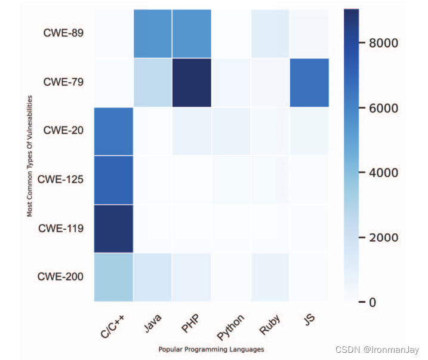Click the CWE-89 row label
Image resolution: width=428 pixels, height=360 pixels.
coord(63,33)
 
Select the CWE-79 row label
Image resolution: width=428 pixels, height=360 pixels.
coord(63,82)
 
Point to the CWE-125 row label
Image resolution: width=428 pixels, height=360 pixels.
coord(61,179)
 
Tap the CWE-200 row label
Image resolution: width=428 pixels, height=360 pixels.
coord(61,276)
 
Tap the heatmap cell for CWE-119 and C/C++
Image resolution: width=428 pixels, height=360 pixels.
coord(113,228)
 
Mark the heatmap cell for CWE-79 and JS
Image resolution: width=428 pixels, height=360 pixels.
coord(309,82)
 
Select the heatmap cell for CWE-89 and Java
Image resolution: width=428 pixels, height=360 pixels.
coord(152,34)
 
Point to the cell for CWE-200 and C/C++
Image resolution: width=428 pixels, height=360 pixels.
coord(113,276)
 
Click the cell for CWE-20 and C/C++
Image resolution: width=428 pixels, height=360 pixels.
coord(113,131)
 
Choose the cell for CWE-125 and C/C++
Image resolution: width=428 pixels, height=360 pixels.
coord(113,179)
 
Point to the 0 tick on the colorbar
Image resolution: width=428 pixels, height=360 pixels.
coord(371,302)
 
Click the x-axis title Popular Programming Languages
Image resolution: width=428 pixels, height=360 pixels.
coord(211,349)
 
